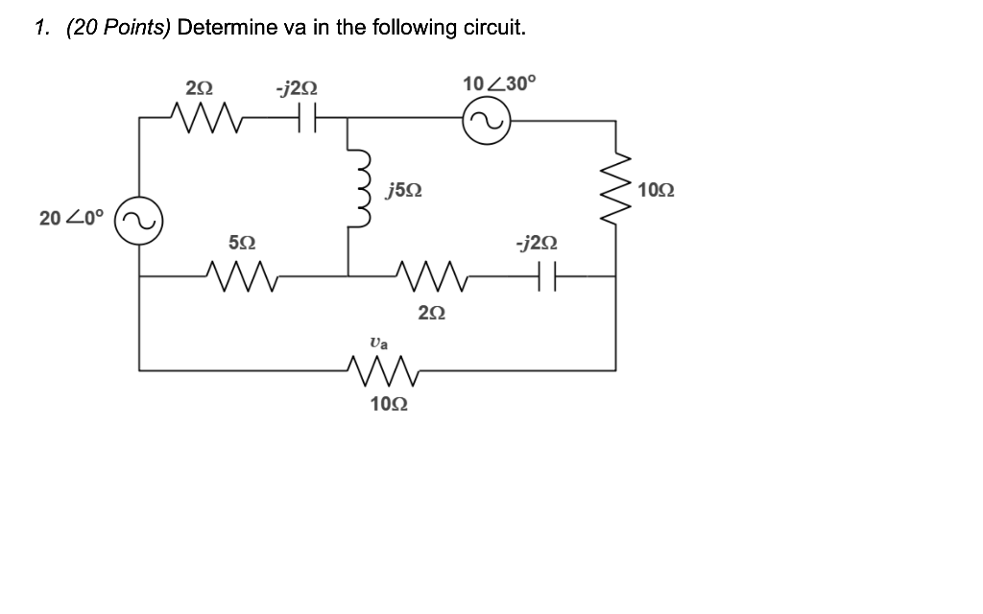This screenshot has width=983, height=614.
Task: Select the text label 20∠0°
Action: click(70, 218)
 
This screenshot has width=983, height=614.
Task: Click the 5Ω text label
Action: click(241, 245)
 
